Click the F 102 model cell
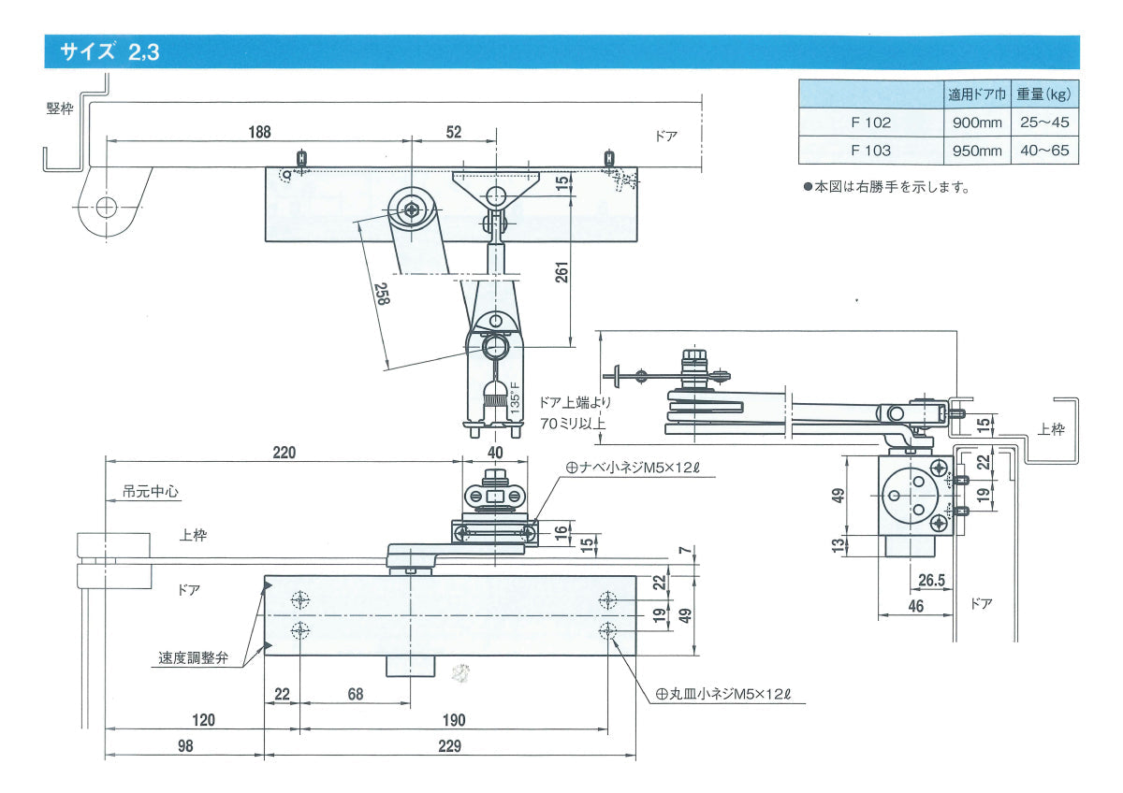(870, 122)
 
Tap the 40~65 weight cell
(1044, 150)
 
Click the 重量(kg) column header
(1043, 94)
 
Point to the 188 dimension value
(259, 132)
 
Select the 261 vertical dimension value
(560, 273)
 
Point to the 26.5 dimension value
(931, 581)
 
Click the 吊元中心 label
(150, 490)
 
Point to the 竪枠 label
(59, 108)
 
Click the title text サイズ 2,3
(109, 52)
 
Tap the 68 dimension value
(356, 695)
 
